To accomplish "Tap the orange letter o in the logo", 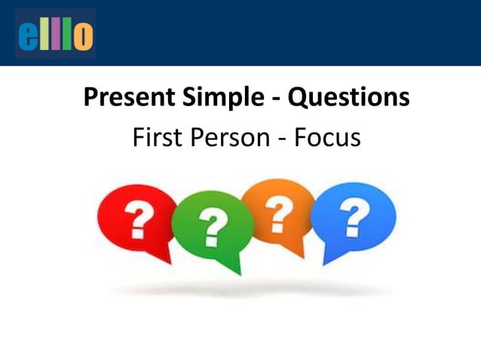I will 83,35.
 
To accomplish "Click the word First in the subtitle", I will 154,138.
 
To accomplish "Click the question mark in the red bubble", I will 138,219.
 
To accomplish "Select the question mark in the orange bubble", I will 280,212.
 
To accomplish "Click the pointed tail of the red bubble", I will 167,258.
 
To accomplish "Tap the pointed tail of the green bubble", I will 237,268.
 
